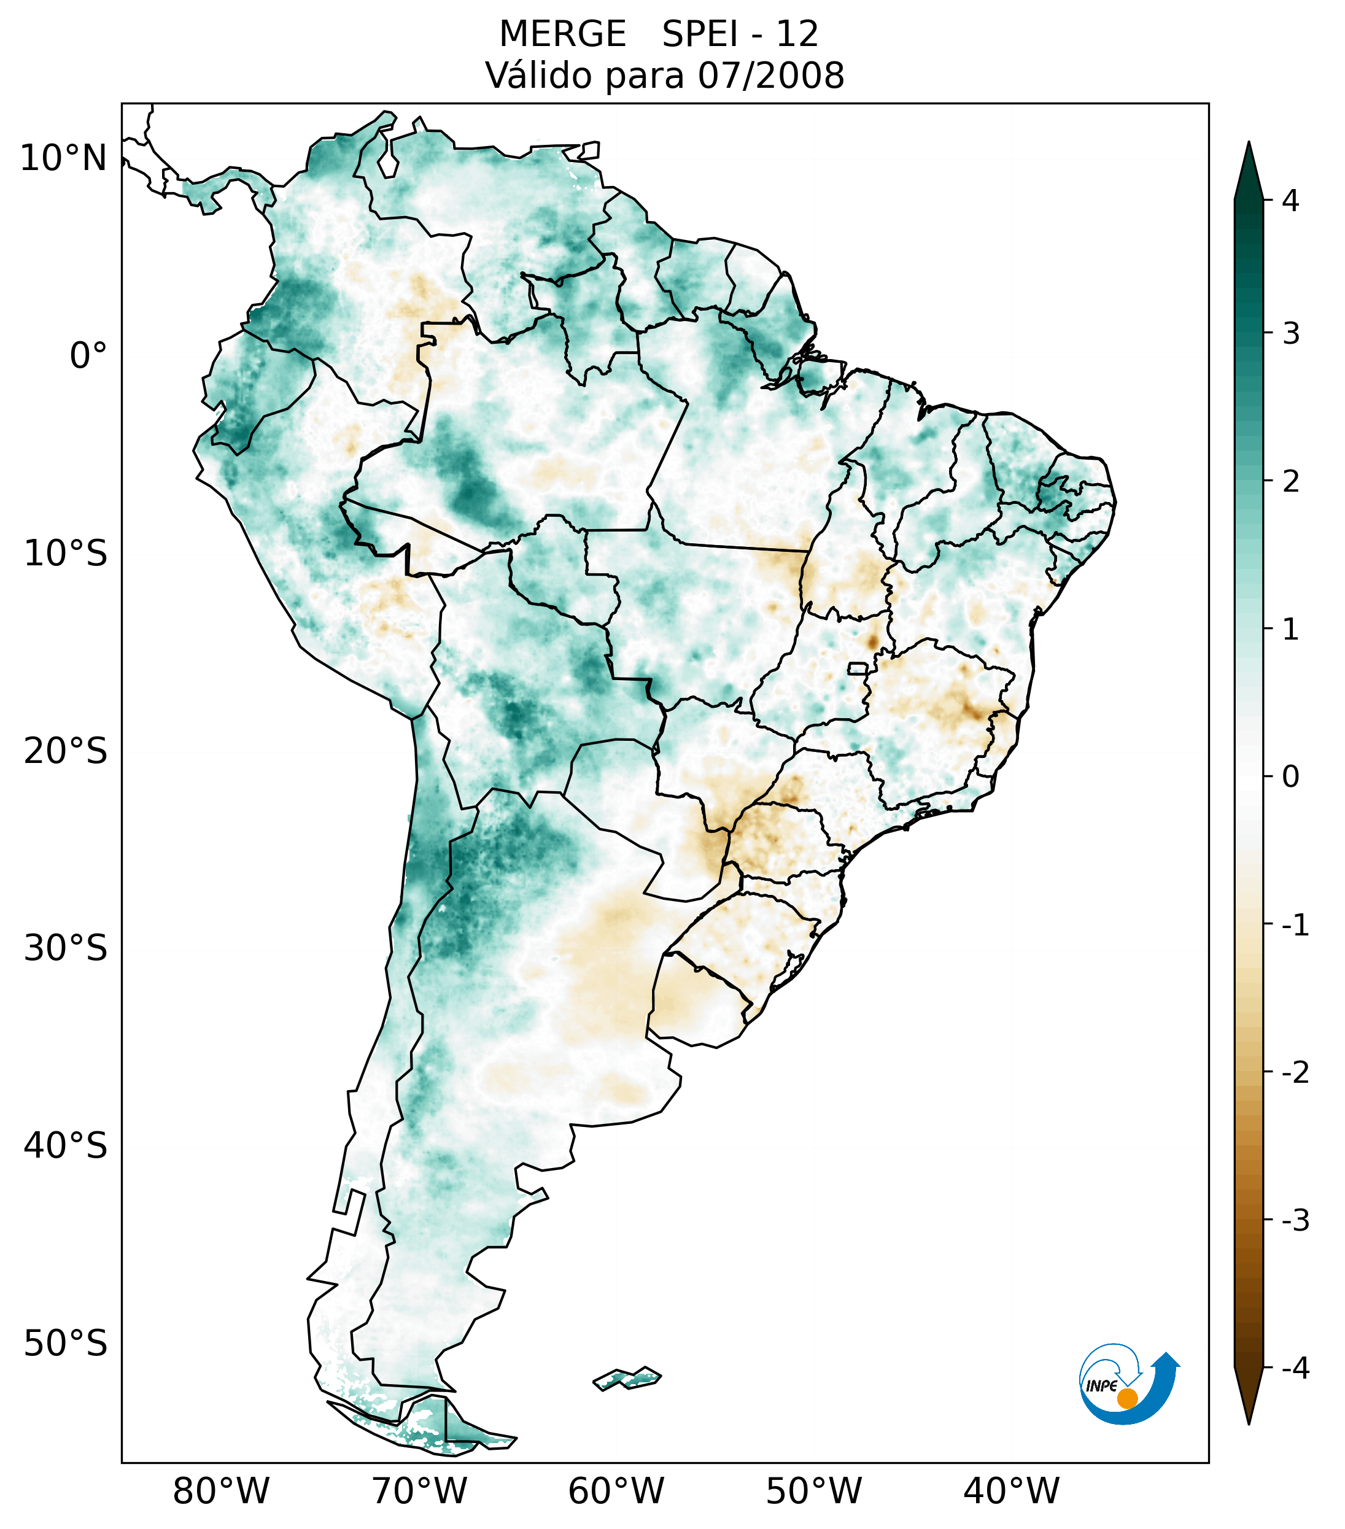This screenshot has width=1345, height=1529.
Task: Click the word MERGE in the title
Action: point(562,34)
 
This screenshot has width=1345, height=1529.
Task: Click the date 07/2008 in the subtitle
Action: point(771,75)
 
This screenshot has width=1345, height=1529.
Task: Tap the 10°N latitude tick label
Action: point(64,158)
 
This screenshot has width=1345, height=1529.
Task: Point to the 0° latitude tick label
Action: point(88,356)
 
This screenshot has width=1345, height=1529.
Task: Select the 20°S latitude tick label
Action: point(66,751)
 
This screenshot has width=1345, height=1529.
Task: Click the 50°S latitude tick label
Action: point(66,1344)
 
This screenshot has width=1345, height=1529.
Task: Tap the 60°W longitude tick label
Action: point(616,1491)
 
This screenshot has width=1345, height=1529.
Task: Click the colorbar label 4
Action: point(1290,201)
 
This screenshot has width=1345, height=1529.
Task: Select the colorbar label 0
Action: point(1290,777)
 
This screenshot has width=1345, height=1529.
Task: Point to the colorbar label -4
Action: point(1295,1369)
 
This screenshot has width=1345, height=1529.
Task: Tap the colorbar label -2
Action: point(1295,1073)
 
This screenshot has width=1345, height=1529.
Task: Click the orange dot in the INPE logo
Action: point(1127,1398)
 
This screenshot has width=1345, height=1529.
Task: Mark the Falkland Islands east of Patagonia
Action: point(627,1378)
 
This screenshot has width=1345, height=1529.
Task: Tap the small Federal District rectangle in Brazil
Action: point(857,668)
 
